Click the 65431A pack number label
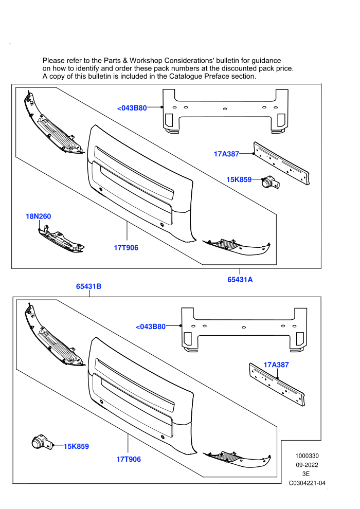pyautogui.click(x=240, y=280)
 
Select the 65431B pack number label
pyautogui.click(x=88, y=286)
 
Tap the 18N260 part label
pyautogui.click(x=38, y=216)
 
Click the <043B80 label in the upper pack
pyautogui.click(x=132, y=108)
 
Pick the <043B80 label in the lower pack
pyautogui.click(x=151, y=326)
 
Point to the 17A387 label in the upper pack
pyautogui.click(x=226, y=154)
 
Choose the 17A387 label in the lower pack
pyautogui.click(x=276, y=365)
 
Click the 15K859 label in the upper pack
pyautogui.click(x=239, y=179)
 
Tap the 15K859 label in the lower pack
pyautogui.click(x=76, y=446)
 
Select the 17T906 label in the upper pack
pyautogui.click(x=126, y=248)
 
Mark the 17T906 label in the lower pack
pyautogui.click(x=129, y=459)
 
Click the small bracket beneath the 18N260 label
pyautogui.click(x=61, y=241)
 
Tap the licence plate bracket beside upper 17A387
pyautogui.click(x=281, y=163)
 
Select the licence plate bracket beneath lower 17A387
pyautogui.click(x=277, y=385)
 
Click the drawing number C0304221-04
pyautogui.click(x=307, y=483)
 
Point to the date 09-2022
pyautogui.click(x=307, y=465)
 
